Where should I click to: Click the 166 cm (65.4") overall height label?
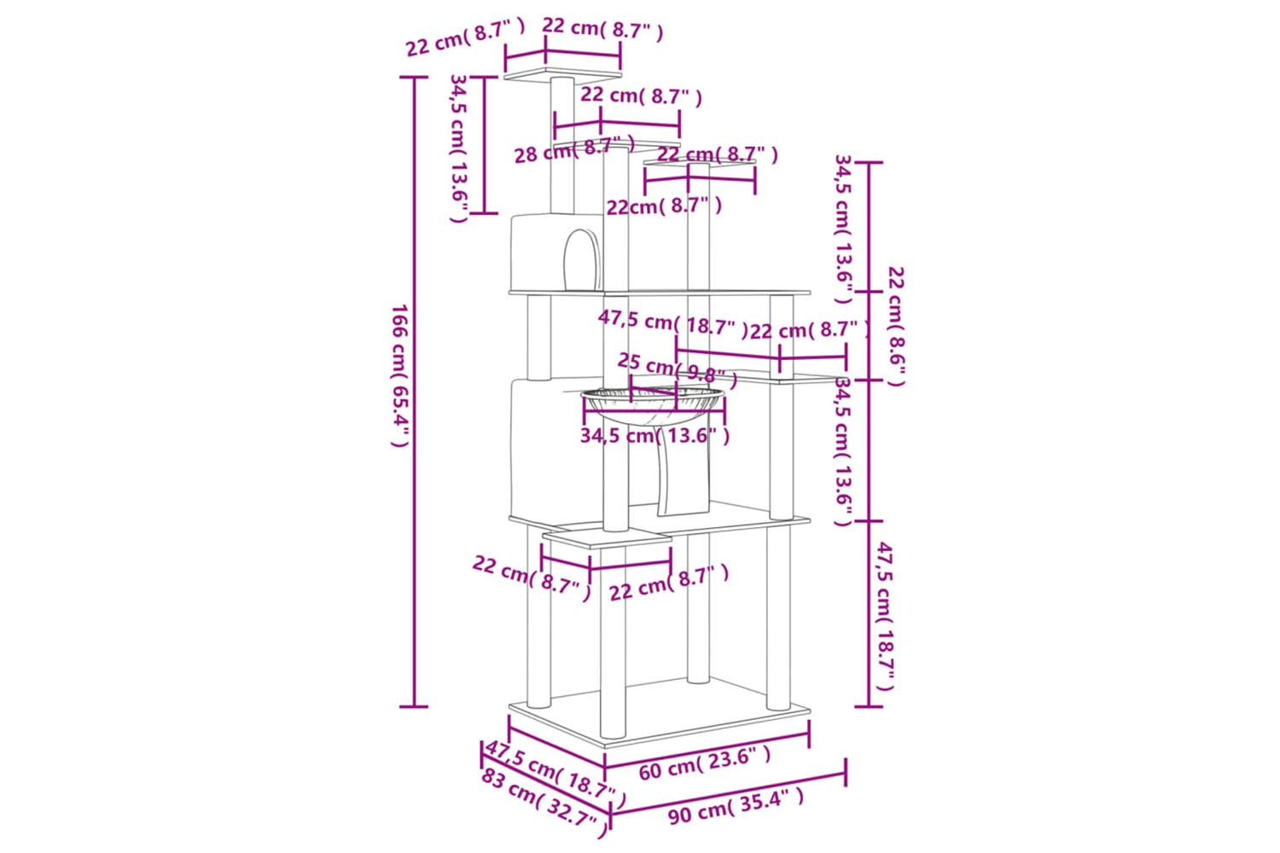point(400,375)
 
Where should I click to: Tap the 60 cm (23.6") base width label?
point(705,764)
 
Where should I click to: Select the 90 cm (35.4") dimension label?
point(736,806)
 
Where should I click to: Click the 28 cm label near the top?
point(543,154)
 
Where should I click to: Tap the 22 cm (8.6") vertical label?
point(897,326)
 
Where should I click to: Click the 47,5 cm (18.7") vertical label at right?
point(885,616)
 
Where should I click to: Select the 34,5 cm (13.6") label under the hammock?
point(655,436)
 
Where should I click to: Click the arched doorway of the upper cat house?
point(582,260)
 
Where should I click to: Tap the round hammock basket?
point(653,405)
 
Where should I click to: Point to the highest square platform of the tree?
point(562,75)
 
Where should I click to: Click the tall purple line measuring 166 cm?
point(414,392)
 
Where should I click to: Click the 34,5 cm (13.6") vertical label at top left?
point(459,148)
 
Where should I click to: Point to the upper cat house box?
point(558,252)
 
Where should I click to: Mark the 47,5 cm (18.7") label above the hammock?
point(673,324)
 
